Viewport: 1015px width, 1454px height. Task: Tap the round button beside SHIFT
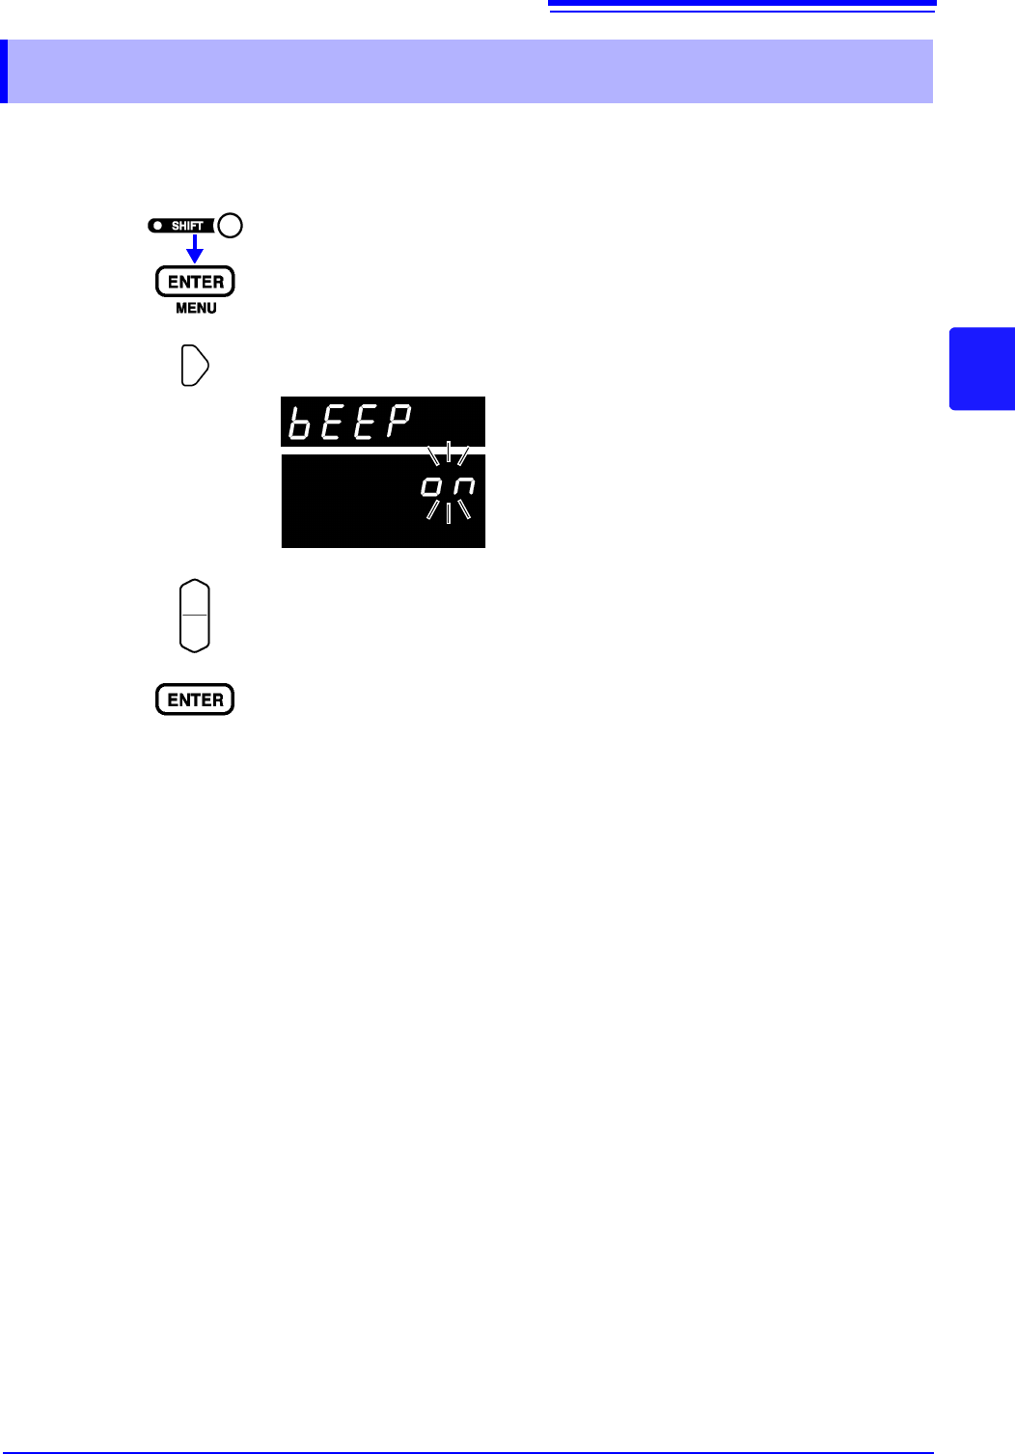point(231,226)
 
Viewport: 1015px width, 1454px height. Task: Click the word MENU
point(196,309)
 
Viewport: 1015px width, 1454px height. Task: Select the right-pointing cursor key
point(195,367)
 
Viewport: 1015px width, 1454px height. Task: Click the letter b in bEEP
point(300,423)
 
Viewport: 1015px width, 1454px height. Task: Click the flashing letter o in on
point(431,487)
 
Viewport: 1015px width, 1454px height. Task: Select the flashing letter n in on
point(464,487)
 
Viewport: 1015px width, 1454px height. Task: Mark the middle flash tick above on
point(449,451)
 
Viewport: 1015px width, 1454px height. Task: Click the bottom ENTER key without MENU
point(195,700)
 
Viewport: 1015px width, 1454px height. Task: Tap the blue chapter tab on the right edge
point(982,369)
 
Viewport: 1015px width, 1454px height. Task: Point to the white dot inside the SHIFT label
point(157,226)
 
